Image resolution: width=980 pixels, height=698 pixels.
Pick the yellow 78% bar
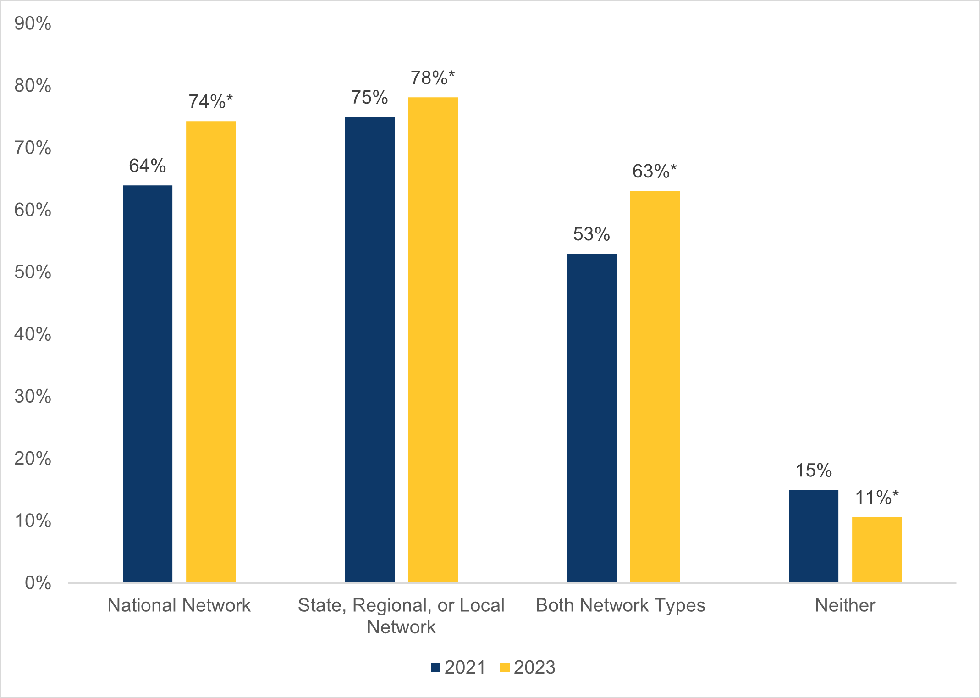(x=433, y=340)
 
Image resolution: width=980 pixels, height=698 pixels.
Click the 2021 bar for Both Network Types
(x=591, y=418)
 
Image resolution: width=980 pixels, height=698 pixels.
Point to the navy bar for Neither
(x=814, y=536)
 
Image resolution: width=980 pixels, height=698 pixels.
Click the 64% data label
(x=147, y=166)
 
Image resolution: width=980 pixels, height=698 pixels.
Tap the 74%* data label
(x=211, y=101)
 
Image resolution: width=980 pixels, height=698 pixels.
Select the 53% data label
(x=591, y=234)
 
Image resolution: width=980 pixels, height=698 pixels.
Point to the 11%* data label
(x=877, y=498)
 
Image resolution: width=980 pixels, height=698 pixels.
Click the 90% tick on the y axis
(x=33, y=23)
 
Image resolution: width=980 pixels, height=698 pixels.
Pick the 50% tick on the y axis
(x=33, y=272)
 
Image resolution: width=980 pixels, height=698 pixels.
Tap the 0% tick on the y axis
(x=38, y=583)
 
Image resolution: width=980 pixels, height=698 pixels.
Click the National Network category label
(x=179, y=605)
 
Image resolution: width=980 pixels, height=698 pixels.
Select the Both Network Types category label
(x=621, y=605)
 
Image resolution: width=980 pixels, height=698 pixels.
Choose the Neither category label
(x=845, y=605)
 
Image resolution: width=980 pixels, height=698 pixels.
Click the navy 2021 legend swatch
(x=436, y=668)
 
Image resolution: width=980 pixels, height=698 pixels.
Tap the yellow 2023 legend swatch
(x=505, y=668)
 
